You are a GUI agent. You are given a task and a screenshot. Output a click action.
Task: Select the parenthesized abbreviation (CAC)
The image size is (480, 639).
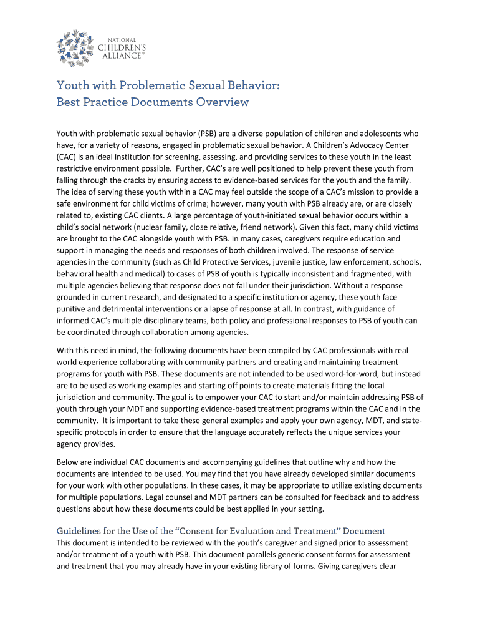(x=67, y=157)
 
